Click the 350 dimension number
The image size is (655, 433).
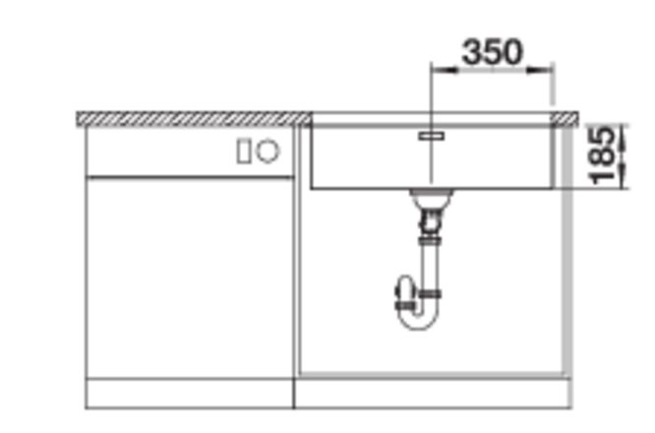492,52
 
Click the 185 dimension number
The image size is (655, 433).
602,155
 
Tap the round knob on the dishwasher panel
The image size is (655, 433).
268,151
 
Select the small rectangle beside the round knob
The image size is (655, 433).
243,152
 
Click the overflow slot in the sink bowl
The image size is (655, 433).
432,136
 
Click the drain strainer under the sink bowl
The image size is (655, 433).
431,197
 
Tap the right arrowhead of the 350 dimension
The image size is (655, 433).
540,70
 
